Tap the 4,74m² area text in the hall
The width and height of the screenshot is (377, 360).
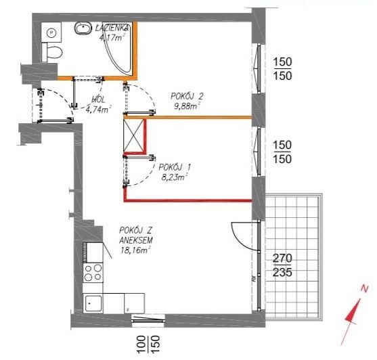pyautogui.click(x=99, y=110)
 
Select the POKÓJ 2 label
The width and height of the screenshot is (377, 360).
pyautogui.click(x=187, y=96)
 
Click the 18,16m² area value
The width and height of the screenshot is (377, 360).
pyautogui.click(x=135, y=250)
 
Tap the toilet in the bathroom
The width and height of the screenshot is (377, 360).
pyautogui.click(x=52, y=52)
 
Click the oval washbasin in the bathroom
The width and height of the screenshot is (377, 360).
pyautogui.click(x=83, y=28)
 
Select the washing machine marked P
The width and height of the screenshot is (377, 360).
pyautogui.click(x=51, y=32)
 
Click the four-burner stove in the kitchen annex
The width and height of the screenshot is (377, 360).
pyautogui.click(x=93, y=272)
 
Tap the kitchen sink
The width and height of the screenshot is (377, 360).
pyautogui.click(x=93, y=303)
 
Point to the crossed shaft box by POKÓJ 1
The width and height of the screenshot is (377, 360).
pyautogui.click(x=133, y=135)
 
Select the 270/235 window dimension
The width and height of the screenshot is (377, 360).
pyautogui.click(x=282, y=265)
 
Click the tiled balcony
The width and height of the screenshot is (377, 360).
pyautogui.click(x=294, y=256)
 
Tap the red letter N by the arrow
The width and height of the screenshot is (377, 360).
pyautogui.click(x=365, y=288)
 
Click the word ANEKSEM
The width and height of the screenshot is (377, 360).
pyautogui.click(x=136, y=240)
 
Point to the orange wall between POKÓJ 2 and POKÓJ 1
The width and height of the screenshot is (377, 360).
pyautogui.click(x=188, y=117)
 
